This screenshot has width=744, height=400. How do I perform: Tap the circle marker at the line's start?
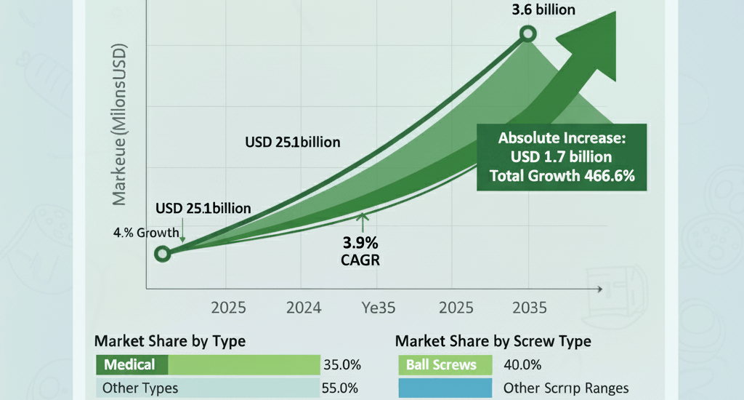click(163, 253)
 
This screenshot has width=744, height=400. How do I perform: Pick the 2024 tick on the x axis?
click(304, 308)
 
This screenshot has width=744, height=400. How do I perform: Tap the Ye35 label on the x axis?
click(379, 308)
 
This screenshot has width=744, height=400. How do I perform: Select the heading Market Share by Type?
click(170, 340)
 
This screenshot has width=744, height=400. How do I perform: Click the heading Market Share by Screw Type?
click(493, 340)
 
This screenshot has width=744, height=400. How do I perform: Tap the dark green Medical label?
click(132, 364)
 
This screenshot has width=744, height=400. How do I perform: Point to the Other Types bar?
click(208, 388)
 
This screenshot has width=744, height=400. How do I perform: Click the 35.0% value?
click(341, 364)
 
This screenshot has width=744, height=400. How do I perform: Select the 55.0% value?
click(341, 388)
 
